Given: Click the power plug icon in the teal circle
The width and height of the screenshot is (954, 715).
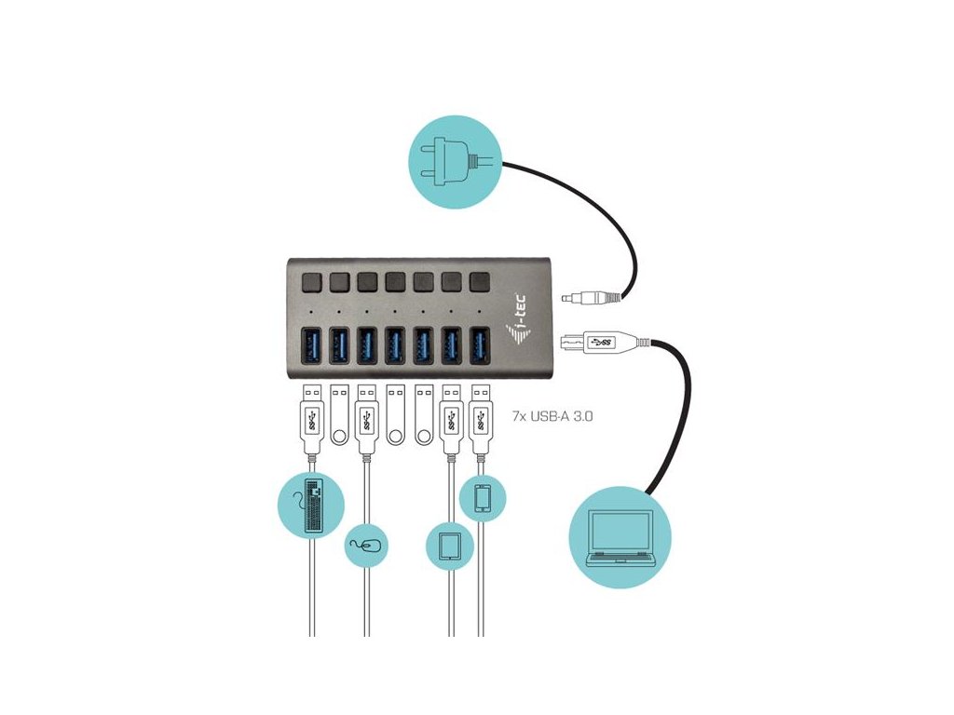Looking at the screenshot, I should point(449,164).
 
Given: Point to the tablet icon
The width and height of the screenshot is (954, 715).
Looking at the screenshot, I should point(449,545).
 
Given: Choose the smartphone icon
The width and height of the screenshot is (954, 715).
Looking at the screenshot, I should point(482,499).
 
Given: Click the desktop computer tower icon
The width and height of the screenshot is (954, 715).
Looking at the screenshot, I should point(311,506).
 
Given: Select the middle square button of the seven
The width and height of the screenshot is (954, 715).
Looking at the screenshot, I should point(395,280).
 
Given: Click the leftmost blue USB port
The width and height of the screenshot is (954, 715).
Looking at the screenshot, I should point(311,346).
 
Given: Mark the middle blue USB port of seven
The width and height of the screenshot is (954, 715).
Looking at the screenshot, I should point(395,346).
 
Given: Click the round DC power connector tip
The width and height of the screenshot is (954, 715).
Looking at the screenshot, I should point(570,299).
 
